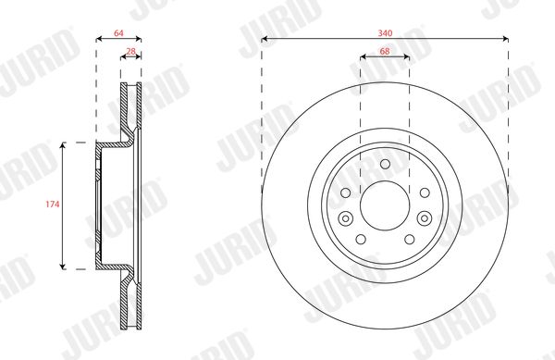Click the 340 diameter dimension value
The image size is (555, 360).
(385, 33)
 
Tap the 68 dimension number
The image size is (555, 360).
(385, 51)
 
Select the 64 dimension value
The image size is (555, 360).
(118, 33)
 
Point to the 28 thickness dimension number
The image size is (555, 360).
(131, 51)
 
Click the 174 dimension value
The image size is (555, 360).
(53, 205)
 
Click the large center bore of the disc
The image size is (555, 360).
(385, 205)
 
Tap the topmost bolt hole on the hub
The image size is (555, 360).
(385, 164)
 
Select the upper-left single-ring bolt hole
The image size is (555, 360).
(345, 192)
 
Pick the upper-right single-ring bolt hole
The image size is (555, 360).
(425, 192)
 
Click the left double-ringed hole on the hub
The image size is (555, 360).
(345, 218)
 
